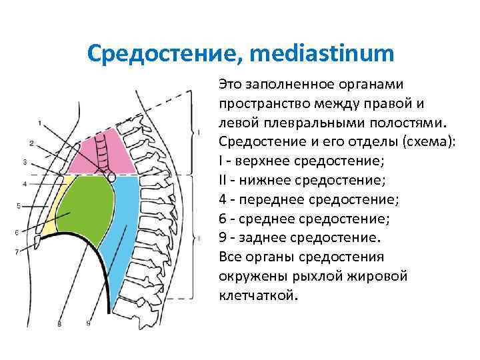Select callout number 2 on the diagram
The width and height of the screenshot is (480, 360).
(31, 143)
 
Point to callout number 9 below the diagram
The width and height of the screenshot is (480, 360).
(87, 323)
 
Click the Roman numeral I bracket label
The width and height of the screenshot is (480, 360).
(199, 133)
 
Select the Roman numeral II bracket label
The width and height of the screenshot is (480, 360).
(199, 237)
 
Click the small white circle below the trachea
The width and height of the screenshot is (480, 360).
(111, 178)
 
